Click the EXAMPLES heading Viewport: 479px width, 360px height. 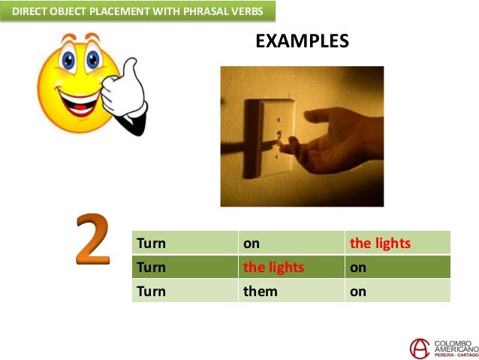302,41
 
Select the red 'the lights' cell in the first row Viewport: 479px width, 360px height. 381,244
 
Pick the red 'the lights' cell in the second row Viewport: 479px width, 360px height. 273,267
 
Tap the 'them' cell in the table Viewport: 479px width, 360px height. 260,291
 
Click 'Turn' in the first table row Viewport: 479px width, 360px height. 151,244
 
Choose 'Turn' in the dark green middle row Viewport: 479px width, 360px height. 151,267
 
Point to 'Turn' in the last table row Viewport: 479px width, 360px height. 151,291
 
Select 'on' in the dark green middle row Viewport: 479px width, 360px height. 358,267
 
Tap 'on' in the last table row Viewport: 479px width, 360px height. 358,291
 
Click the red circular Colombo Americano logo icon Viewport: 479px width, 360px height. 420,348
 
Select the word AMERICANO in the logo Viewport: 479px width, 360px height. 453,349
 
